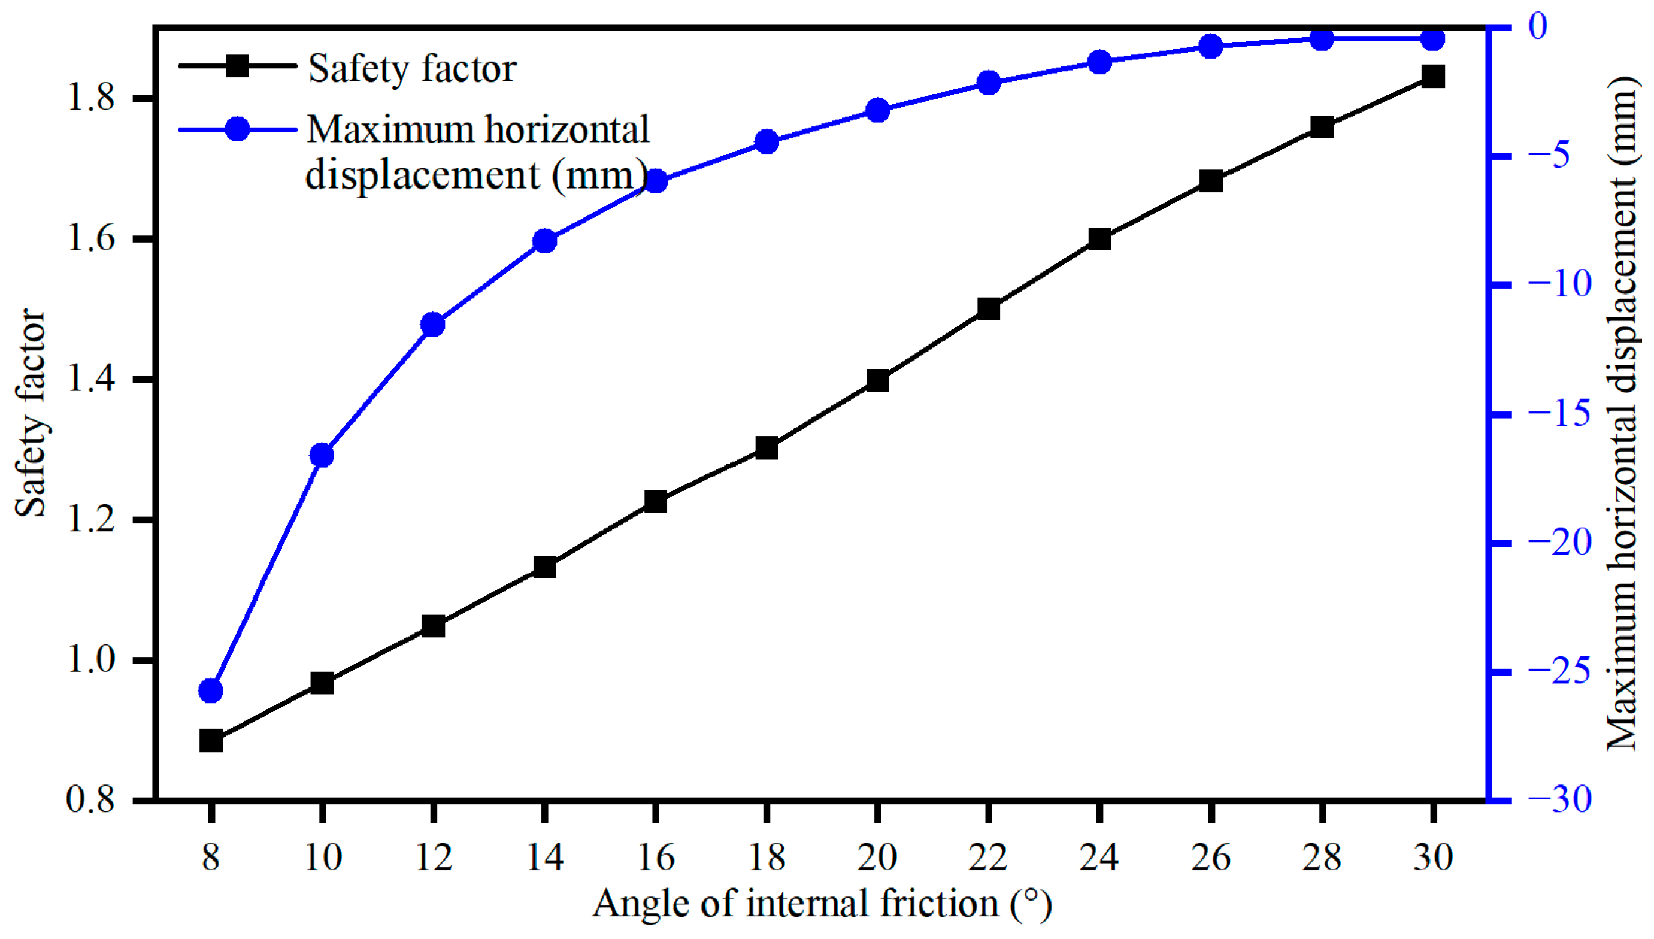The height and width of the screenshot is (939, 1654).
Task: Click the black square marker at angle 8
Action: point(211,741)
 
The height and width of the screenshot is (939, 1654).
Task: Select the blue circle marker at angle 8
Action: point(211,690)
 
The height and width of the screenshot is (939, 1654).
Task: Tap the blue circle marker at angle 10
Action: point(322,455)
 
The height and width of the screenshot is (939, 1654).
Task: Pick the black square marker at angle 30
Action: point(1433,76)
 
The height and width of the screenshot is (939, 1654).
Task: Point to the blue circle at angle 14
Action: point(545,241)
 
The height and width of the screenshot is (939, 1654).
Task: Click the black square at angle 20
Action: point(878,380)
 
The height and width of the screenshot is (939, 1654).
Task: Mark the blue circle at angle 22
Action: point(989,83)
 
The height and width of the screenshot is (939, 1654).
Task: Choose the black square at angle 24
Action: point(1099,238)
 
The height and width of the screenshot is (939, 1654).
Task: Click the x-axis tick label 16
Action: point(656,858)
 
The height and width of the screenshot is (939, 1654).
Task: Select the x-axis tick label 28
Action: point(1321,858)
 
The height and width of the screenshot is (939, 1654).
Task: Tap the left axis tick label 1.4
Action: point(91,378)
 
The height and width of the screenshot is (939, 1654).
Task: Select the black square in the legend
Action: point(237,66)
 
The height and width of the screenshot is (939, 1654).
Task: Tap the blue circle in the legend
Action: point(237,129)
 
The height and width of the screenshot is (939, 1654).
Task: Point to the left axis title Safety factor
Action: point(31,413)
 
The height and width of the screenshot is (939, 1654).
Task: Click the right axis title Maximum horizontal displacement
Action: point(1620,413)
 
